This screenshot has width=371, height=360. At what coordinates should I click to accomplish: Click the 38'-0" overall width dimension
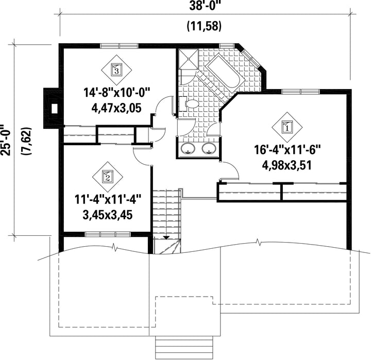coord(205,6)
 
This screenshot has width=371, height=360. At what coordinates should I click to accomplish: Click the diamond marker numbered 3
coord(116,70)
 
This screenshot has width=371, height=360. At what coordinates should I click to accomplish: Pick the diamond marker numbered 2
coord(108,177)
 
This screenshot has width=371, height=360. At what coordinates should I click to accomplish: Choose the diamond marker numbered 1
coord(287,127)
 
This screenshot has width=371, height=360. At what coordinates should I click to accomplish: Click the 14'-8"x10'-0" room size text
coord(116,92)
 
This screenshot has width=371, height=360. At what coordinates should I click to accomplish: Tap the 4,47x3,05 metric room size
coord(116,108)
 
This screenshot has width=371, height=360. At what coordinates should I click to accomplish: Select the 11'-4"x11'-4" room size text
coord(108,199)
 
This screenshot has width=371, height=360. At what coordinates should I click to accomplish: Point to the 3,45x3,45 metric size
coord(108,215)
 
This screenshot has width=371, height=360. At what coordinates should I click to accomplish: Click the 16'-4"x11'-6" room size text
coord(287,150)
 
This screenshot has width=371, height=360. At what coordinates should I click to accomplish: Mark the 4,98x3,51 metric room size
coord(286,165)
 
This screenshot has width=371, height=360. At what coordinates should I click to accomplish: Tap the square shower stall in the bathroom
coord(188,59)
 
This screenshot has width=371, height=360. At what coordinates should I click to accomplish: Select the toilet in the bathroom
coord(189,104)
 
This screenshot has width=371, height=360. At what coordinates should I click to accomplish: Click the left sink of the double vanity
coord(188,149)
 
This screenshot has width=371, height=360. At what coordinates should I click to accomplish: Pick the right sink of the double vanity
coord(209,149)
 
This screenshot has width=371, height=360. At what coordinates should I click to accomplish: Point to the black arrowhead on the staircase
coord(166,238)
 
